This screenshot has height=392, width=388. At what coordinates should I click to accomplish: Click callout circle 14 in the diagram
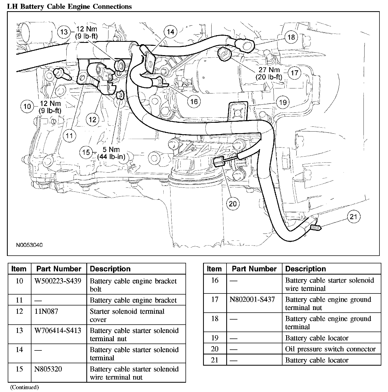click(x=171, y=32)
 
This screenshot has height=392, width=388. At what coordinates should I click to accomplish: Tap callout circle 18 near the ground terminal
click(x=291, y=37)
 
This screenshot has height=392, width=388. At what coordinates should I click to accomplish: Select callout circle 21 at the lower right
click(x=353, y=217)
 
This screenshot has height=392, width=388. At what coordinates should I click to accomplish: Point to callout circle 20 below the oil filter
click(x=233, y=204)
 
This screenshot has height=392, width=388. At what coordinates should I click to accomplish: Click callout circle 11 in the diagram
click(x=69, y=136)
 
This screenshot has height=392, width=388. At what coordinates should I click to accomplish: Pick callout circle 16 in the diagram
click(x=194, y=101)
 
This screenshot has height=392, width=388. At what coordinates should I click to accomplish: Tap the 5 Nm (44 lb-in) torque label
click(x=111, y=153)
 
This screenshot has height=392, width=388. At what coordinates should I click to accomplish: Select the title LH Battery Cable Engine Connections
click(x=70, y=6)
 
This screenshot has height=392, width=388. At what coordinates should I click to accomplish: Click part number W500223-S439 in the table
click(x=58, y=281)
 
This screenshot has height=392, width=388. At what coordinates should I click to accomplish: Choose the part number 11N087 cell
click(x=46, y=311)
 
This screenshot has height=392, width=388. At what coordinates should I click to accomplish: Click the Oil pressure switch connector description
click(x=330, y=349)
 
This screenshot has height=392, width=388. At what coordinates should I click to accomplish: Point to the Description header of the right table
click(x=305, y=269)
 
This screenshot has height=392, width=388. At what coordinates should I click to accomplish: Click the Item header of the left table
click(x=19, y=269)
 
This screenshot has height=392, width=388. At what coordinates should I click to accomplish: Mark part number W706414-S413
click(x=58, y=330)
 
